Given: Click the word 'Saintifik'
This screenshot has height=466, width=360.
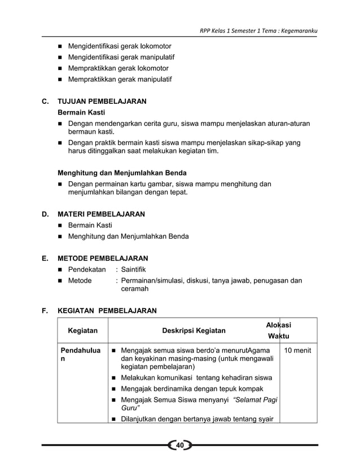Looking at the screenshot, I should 135,269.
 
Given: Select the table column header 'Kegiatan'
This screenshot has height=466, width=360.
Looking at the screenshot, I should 82,330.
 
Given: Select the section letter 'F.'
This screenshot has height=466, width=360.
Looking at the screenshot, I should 45,310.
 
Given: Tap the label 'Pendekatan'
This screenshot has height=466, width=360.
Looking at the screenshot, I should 87,269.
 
